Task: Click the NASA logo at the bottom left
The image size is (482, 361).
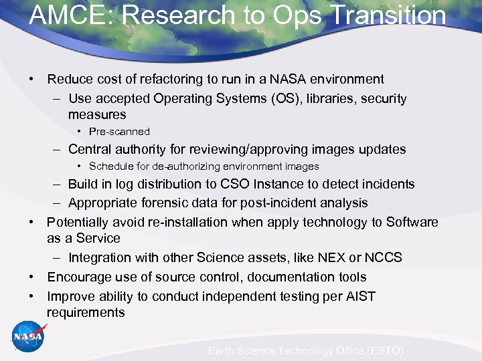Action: (x=29, y=337)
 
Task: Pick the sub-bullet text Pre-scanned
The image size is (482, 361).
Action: (x=119, y=132)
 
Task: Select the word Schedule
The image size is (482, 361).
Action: (x=112, y=166)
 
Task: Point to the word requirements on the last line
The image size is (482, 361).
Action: (x=86, y=313)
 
